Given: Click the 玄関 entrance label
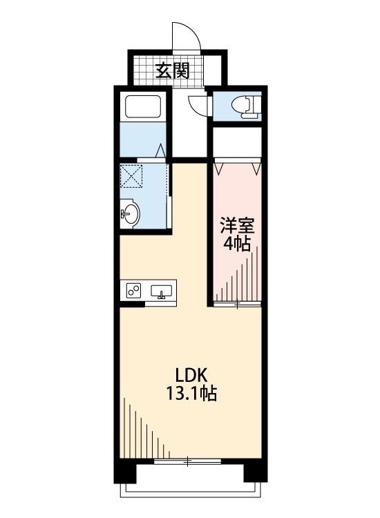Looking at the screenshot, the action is tap(172, 70).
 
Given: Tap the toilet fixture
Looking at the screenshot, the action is tap(246, 106).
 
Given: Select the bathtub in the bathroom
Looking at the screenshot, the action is tap(143, 106).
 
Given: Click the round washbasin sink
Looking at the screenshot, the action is tap(130, 213).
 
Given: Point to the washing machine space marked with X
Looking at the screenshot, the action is tap(131, 176).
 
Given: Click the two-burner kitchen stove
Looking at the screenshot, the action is tap(133, 290).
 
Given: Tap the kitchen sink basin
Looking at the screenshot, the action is tap(161, 291).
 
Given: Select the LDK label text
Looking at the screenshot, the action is tap(191, 375).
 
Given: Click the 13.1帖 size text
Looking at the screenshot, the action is tap(191, 393).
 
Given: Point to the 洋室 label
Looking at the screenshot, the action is tap(237, 226).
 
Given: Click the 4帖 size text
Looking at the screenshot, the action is tap(236, 244).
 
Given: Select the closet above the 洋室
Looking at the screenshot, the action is tap(237, 142).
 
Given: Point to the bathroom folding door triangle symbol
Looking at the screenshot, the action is tap(160, 151).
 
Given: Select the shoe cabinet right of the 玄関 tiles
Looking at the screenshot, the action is tap(213, 70).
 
